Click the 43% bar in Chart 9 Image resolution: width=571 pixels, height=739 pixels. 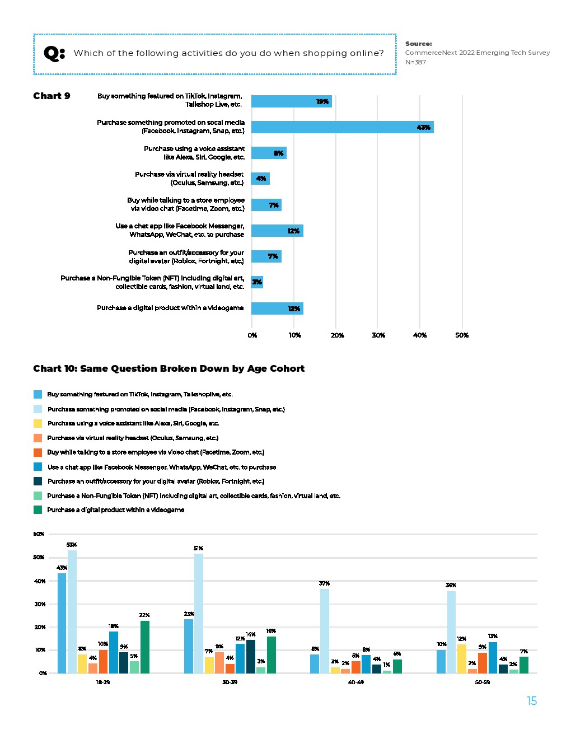pos(342,127)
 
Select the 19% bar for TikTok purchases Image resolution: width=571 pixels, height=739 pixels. pos(291,101)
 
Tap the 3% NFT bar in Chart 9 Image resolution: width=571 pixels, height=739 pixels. pos(257,282)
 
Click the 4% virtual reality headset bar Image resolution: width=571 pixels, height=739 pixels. pos(260,179)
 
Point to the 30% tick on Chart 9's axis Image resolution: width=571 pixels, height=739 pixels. pos(378,335)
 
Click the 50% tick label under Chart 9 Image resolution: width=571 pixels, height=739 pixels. pos(462,335)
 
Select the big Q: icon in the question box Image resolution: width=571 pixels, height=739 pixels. pos(54,54)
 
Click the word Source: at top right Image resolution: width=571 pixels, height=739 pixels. pos(419,44)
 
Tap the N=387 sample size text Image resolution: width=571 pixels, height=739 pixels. pos(415,62)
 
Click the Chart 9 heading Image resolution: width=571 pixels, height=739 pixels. pos(52,96)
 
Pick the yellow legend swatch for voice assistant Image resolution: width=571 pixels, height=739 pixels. pos(38,423)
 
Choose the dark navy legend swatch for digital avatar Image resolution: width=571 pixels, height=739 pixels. pos(38,481)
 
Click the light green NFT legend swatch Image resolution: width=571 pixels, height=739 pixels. pos(38,495)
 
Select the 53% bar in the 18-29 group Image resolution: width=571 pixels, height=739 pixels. pos(72,611)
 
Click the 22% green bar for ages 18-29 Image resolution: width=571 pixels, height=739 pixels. pos(145,647)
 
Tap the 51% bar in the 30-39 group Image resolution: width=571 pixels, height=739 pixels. pos(199,613)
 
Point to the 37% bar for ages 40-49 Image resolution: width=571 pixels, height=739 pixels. pos(325,630)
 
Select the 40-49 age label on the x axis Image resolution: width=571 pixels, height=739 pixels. pos(356,682)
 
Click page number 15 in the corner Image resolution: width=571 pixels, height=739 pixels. pos(532,701)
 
